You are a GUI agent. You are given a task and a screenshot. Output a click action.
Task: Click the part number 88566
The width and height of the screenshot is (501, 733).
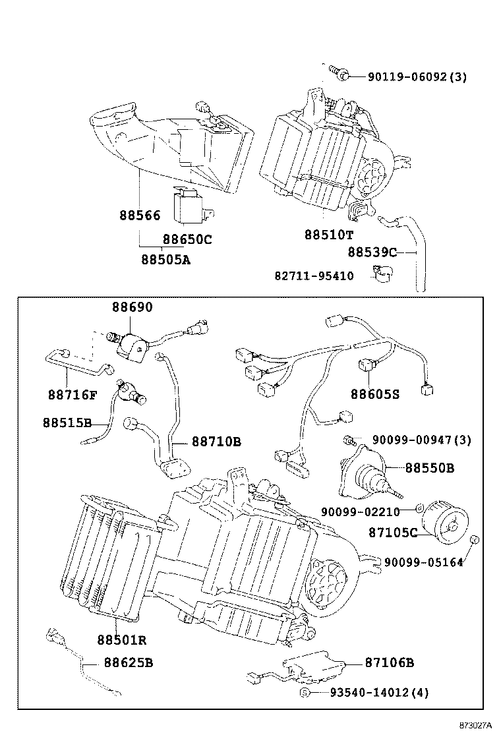(x=140, y=215)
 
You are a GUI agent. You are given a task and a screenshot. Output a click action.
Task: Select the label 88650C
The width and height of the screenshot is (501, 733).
(x=188, y=239)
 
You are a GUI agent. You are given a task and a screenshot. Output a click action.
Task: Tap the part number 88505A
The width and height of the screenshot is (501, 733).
(x=165, y=259)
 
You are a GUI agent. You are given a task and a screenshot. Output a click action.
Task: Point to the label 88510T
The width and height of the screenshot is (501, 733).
(x=329, y=235)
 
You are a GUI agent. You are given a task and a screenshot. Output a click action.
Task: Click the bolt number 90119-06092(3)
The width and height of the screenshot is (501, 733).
(x=417, y=76)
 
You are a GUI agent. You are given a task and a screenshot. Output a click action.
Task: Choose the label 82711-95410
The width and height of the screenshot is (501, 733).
(x=314, y=276)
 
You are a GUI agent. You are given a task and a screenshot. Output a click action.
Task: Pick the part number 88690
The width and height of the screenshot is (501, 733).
(x=131, y=307)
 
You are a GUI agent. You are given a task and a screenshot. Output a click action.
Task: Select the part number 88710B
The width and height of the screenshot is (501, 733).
(x=216, y=441)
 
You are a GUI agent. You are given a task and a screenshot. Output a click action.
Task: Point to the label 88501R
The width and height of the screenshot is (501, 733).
(x=122, y=639)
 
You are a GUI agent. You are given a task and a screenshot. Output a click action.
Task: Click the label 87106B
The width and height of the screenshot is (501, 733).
(x=389, y=662)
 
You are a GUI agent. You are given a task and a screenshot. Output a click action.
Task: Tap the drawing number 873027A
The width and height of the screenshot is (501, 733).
(x=475, y=724)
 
